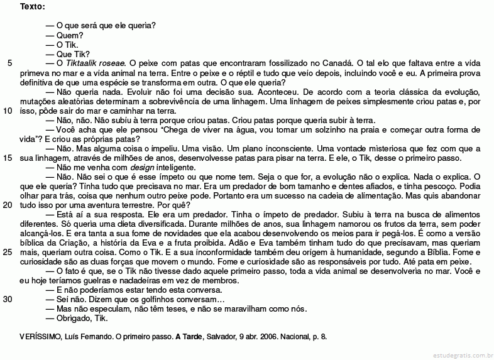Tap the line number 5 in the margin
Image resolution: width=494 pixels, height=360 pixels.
(9, 63)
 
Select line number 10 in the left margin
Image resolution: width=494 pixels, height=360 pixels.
(8, 111)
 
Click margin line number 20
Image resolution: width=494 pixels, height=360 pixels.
(8, 205)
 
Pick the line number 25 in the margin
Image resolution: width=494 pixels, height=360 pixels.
(8, 252)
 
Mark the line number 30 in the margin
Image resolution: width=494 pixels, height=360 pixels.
(8, 299)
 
